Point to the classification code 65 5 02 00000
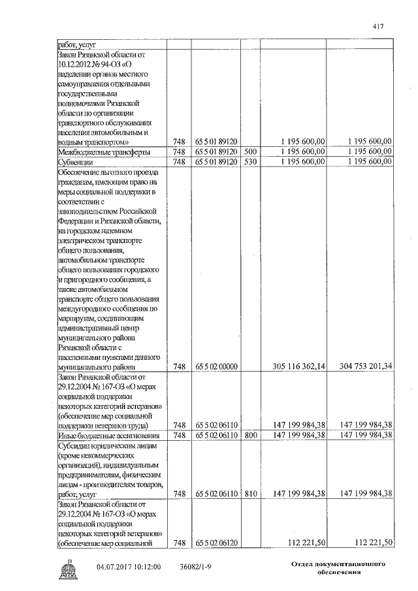[216, 367]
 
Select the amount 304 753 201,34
[361, 367]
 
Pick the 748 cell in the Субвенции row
[180, 161]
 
